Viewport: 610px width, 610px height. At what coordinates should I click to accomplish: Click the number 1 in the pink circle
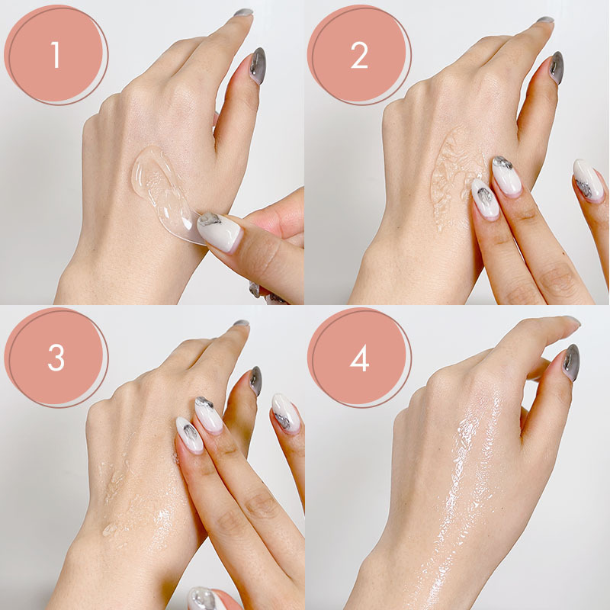coord(56,54)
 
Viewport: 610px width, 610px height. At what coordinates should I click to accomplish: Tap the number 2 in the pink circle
coord(359,55)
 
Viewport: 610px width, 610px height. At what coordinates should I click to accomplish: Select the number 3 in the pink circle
coord(56,358)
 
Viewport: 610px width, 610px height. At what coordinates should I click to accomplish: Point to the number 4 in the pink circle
coord(359,358)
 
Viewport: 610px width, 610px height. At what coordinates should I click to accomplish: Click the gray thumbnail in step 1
coord(258,66)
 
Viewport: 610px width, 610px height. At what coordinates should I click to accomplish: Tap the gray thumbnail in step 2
coord(557,67)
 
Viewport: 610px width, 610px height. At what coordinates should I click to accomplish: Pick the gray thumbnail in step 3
coord(255,380)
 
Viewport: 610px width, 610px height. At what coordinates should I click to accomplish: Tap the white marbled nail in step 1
coord(220,232)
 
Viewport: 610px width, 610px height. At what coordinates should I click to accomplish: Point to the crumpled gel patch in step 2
coord(453,177)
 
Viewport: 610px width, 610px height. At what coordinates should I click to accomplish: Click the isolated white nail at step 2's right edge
coord(588,181)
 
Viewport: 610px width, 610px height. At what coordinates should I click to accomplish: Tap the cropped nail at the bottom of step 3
coord(206,599)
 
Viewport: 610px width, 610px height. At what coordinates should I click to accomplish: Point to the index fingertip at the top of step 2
coord(545,21)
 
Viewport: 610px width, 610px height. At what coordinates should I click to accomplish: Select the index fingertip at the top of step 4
coord(572,321)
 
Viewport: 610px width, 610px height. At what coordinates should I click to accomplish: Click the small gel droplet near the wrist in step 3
coord(110,529)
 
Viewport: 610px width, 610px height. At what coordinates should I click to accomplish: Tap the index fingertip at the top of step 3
coord(241,323)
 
